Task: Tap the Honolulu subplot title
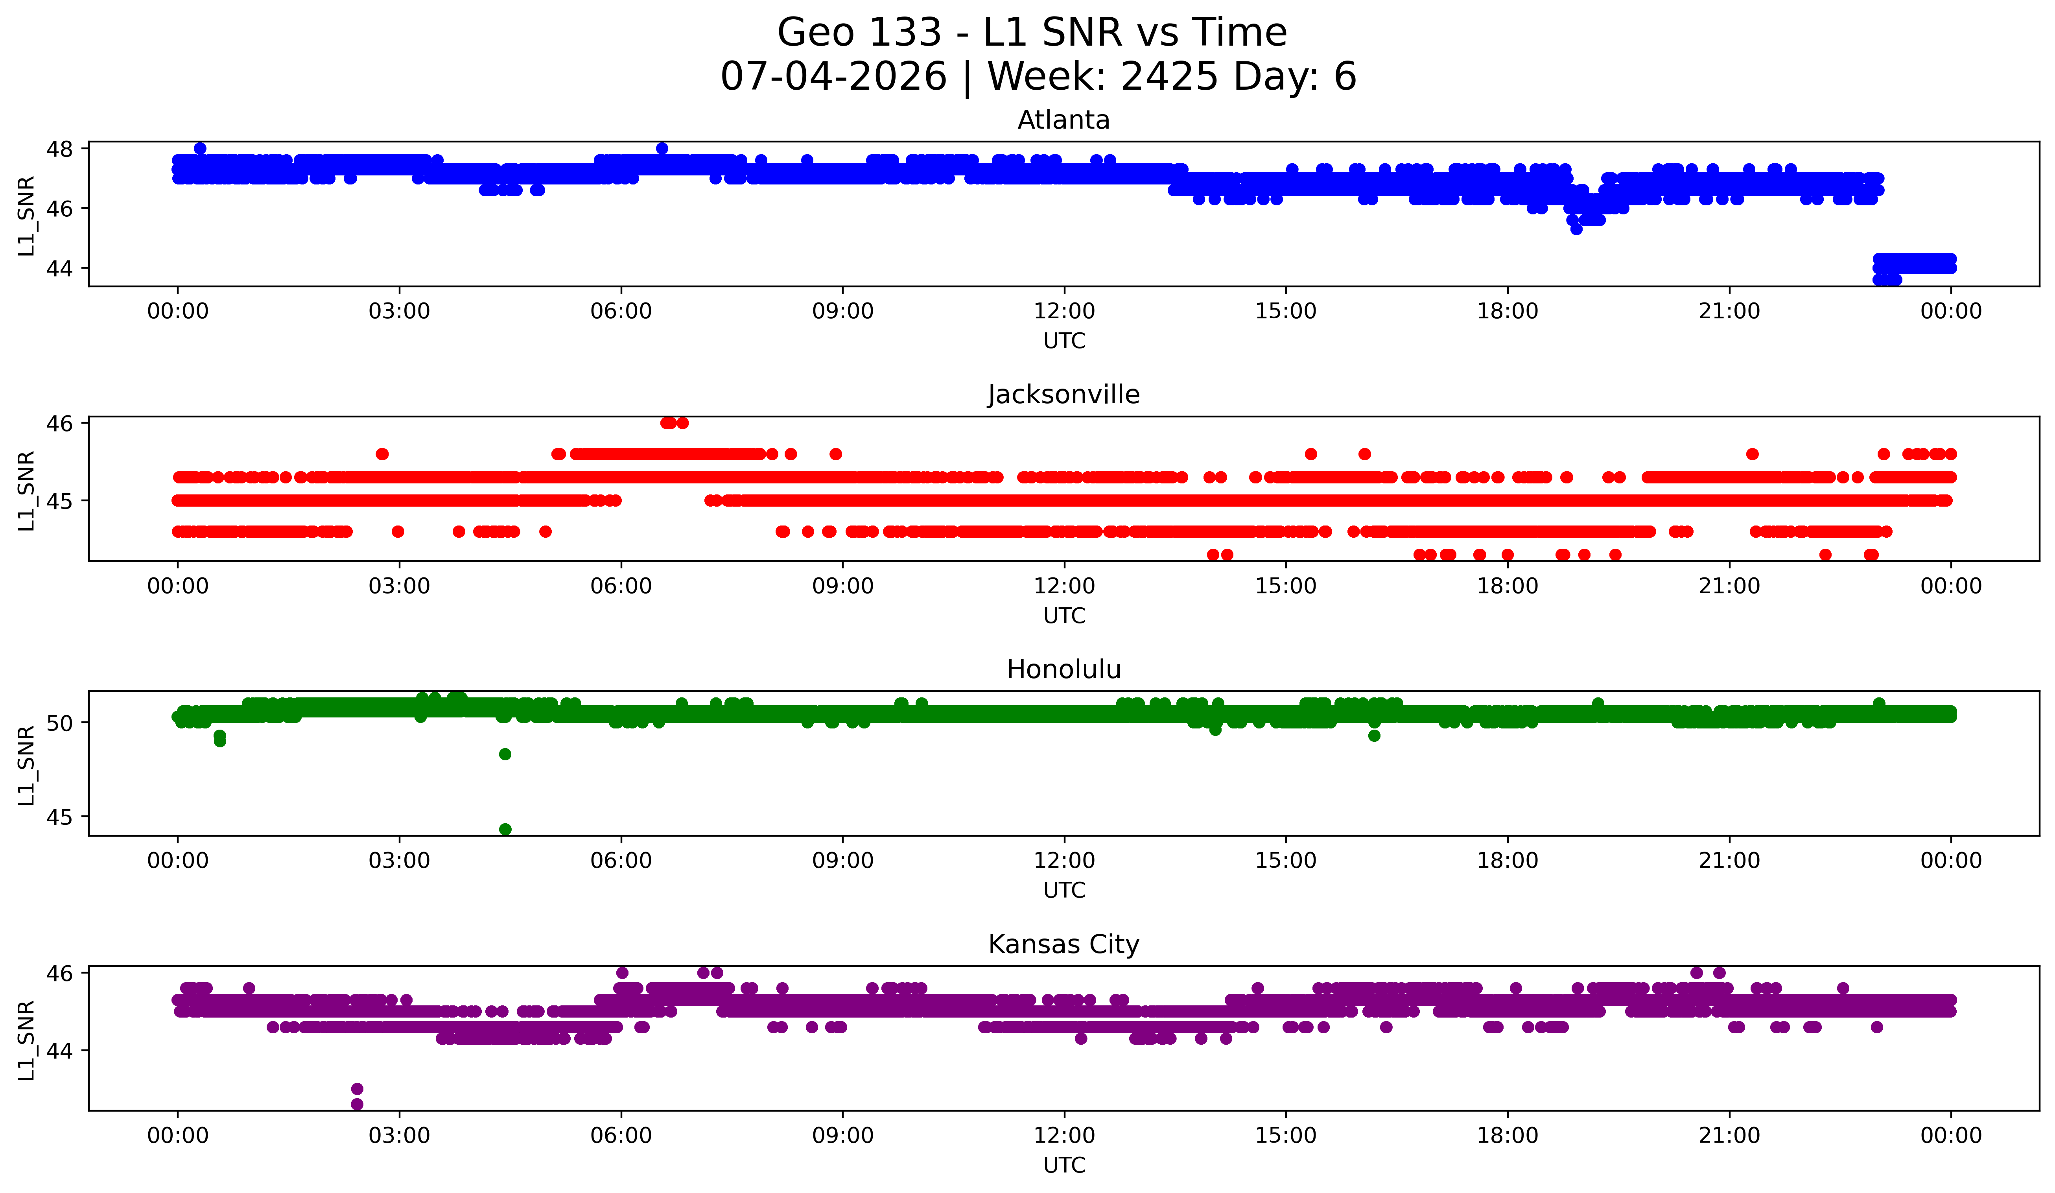click(x=1063, y=669)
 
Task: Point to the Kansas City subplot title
click(x=1063, y=944)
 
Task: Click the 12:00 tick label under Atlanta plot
click(x=1064, y=312)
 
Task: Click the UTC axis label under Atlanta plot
click(x=1064, y=341)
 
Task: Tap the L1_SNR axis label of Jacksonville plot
click(x=26, y=491)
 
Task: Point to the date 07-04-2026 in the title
click(x=833, y=77)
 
